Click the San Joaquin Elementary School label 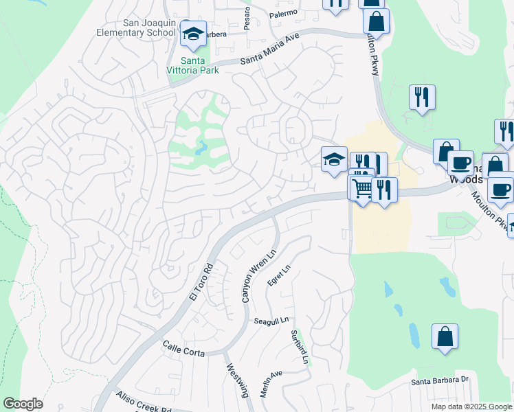[x=149, y=27]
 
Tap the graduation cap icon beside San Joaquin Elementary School [x=193, y=34]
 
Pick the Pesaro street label [x=247, y=12]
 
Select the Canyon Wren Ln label [x=249, y=275]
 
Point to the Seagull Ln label [x=271, y=321]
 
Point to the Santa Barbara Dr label [x=440, y=380]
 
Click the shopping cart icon [x=362, y=187]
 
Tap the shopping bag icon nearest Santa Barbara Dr [x=445, y=336]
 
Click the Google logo [x=23, y=404]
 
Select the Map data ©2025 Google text [x=471, y=407]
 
